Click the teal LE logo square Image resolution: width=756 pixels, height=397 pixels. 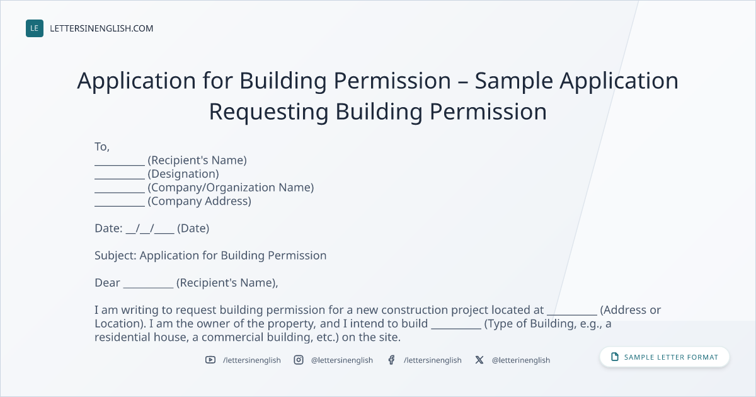[35, 28]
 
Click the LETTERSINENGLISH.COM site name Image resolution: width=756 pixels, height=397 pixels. [101, 28]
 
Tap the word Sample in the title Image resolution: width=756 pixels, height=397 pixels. [513, 81]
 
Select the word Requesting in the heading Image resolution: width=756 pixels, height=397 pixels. [268, 112]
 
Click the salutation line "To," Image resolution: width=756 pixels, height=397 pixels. [102, 146]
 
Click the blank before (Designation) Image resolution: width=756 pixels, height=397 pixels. [120, 178]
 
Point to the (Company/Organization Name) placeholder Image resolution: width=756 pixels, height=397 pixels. [231, 187]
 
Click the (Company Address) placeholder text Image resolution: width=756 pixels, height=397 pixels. [200, 201]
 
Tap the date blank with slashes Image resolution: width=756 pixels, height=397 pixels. [150, 229]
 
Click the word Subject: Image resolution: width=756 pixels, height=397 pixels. [115, 256]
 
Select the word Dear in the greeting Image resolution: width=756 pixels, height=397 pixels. [107, 282]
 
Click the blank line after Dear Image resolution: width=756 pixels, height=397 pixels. [148, 287]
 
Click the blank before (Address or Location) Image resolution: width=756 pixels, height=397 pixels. [572, 314]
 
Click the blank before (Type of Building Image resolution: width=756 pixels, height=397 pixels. [456, 328]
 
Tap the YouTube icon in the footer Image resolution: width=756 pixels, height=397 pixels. [210, 360]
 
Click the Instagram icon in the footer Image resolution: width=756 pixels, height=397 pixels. [299, 360]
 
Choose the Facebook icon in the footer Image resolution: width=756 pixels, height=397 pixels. [391, 360]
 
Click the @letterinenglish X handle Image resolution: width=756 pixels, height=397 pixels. [521, 360]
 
